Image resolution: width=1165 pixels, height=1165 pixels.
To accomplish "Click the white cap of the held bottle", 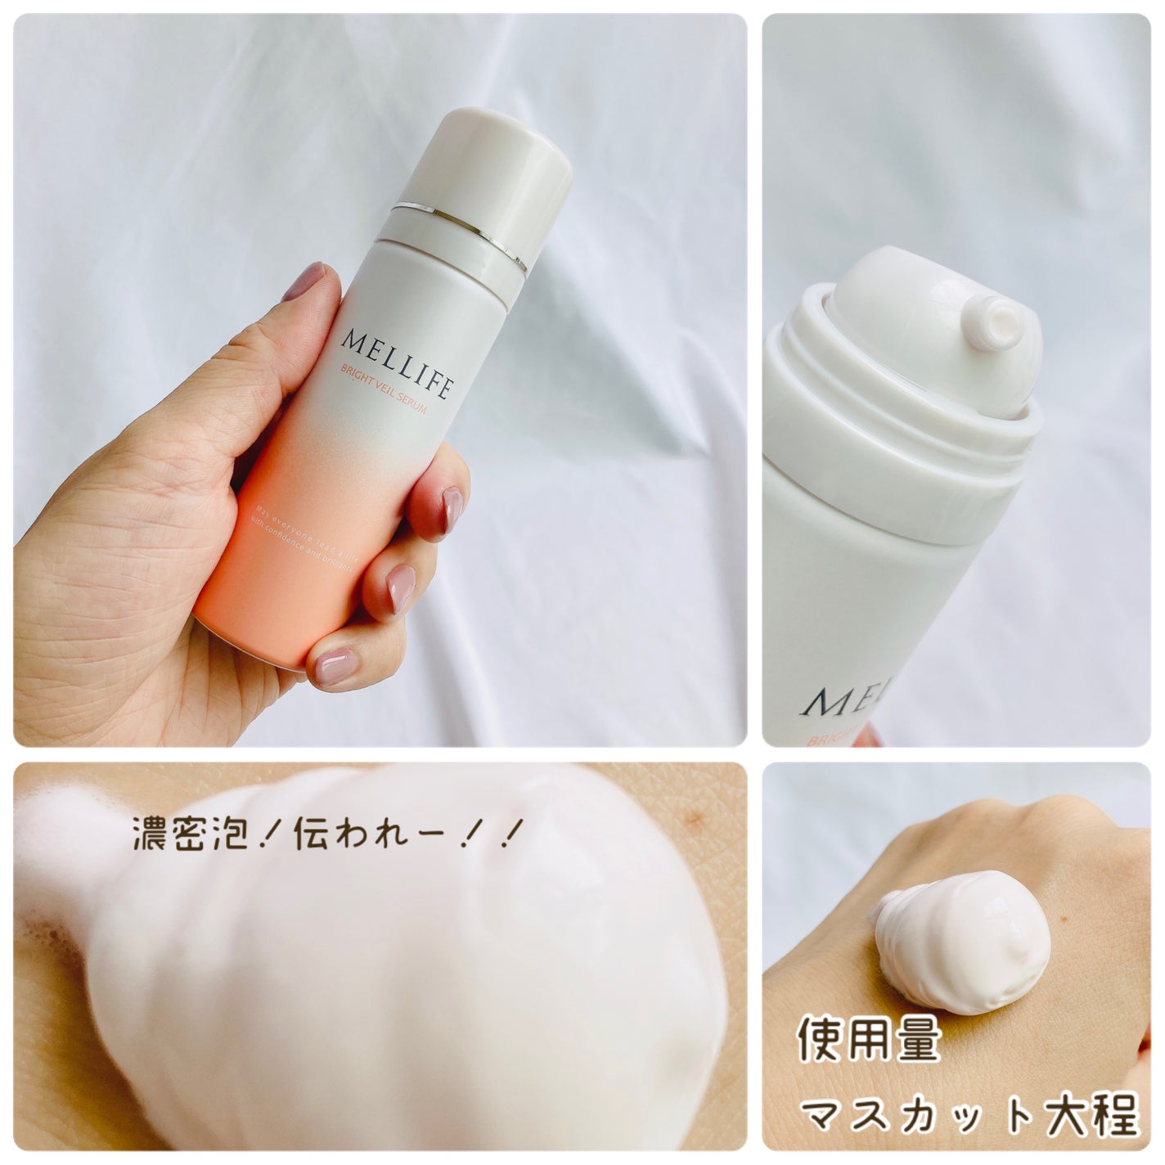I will [x=483, y=164].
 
